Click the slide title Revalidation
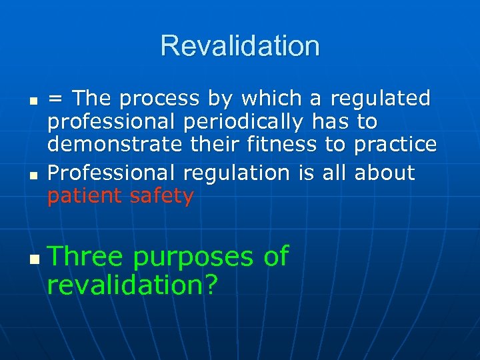click(x=240, y=46)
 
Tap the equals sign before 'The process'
click(x=56, y=99)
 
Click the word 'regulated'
click(x=381, y=99)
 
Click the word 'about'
click(x=385, y=173)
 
